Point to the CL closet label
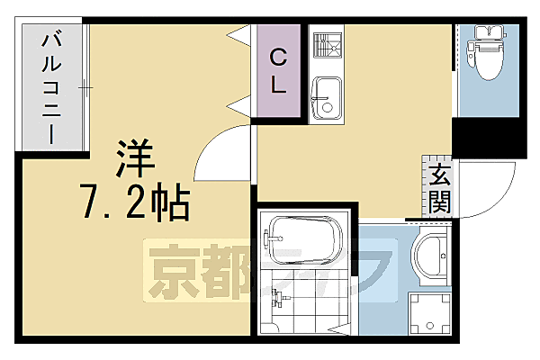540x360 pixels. [279, 73]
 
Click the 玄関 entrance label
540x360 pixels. [438, 188]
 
